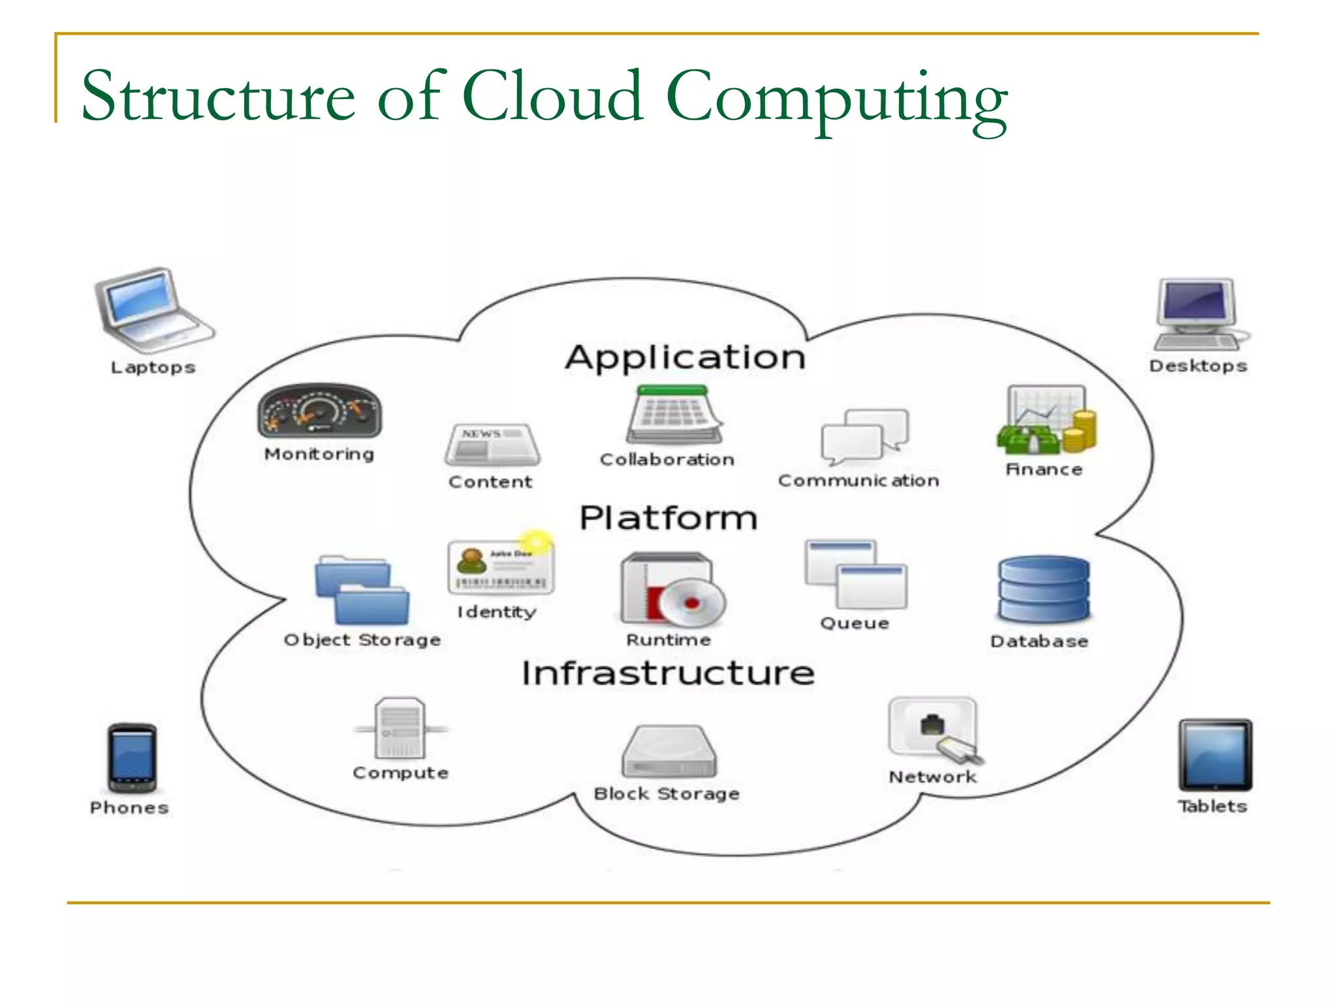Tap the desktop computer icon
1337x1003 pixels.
pos(1199,314)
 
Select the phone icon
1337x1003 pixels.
pos(132,758)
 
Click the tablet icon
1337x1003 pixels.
pos(1214,755)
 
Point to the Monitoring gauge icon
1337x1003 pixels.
pos(319,411)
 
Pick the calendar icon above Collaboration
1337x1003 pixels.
pos(673,415)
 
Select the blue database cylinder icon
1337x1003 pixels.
pos(1043,590)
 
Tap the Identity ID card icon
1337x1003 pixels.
pos(500,567)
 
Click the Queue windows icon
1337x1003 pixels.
pos(855,573)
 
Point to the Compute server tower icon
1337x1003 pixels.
pos(400,727)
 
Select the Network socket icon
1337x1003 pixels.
pos(934,729)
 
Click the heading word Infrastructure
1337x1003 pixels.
pos(668,673)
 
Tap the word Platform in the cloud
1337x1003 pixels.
pos(668,518)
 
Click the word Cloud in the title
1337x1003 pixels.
pos(552,97)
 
